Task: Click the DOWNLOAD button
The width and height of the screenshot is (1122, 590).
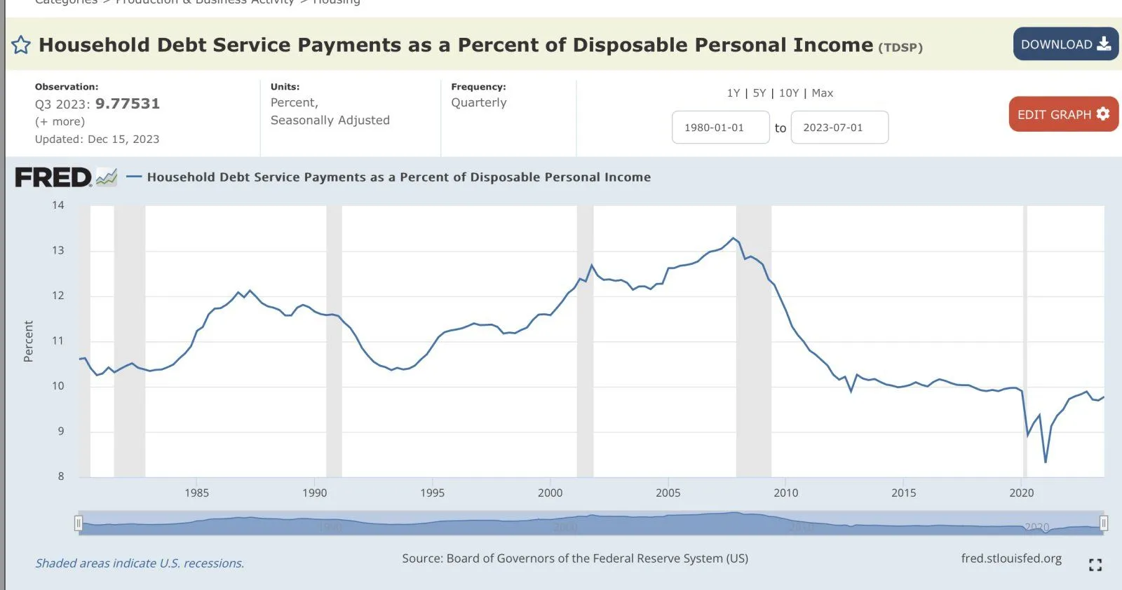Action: click(1064, 44)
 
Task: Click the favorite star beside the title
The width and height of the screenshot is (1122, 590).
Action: click(21, 46)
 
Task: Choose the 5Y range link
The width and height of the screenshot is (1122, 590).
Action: click(759, 93)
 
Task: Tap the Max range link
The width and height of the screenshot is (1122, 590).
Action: click(823, 93)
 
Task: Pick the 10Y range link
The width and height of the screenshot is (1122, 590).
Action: click(789, 93)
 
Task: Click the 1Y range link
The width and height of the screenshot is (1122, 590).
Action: click(734, 93)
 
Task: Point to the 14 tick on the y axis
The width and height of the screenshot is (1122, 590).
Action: click(58, 205)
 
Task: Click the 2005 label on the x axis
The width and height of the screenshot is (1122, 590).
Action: click(668, 493)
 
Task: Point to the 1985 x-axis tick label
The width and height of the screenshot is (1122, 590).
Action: click(197, 493)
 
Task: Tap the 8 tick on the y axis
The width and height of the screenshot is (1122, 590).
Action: click(61, 476)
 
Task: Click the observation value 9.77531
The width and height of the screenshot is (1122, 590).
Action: click(128, 104)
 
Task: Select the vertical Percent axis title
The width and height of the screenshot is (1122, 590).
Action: click(29, 341)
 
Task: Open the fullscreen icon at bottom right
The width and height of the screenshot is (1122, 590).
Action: click(1095, 565)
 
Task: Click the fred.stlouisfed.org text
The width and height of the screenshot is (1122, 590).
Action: click(1011, 558)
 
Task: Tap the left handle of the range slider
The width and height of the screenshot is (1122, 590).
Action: click(79, 523)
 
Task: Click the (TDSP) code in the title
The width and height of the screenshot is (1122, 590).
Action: click(900, 48)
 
